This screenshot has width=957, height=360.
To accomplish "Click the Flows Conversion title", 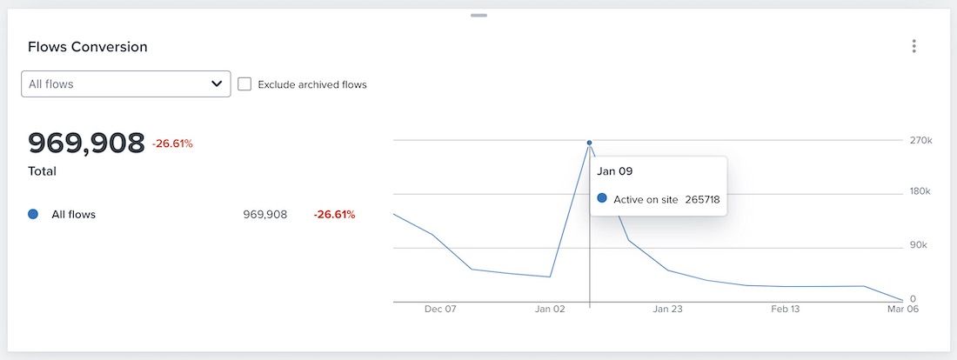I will [88, 47].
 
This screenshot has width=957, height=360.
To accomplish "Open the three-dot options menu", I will [913, 46].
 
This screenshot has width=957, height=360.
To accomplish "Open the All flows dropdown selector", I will [126, 84].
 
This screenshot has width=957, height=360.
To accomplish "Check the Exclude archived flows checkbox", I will [244, 84].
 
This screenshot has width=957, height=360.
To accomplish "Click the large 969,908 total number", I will [86, 143].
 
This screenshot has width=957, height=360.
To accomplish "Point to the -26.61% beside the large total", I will [172, 143].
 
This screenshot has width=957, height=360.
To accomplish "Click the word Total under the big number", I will [43, 171].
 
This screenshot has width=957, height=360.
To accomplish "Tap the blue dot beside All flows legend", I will [33, 214].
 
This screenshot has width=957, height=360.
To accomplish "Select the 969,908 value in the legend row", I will [265, 214].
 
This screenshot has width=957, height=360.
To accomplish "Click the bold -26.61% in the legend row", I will [334, 214].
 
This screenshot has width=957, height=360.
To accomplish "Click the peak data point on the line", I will [589, 143].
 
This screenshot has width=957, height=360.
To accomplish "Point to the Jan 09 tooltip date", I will [614, 171].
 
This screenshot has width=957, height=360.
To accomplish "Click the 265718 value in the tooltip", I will [702, 199].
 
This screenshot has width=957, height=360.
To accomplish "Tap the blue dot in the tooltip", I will [602, 199].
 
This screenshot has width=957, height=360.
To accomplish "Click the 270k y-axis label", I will [920, 140].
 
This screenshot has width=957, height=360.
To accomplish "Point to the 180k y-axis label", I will [920, 191].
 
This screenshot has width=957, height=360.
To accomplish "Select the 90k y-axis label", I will [919, 245].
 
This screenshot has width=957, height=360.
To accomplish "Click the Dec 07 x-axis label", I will [440, 309].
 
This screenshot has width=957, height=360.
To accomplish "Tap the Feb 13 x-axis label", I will [785, 309].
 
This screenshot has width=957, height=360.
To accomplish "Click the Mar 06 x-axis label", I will [903, 309].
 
